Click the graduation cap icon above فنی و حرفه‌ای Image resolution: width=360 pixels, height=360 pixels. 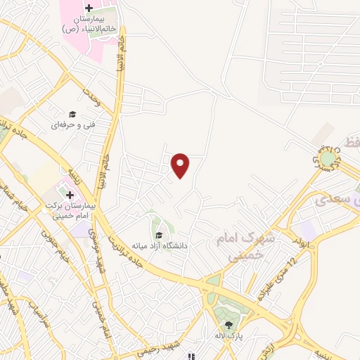(x=71, y=115)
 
